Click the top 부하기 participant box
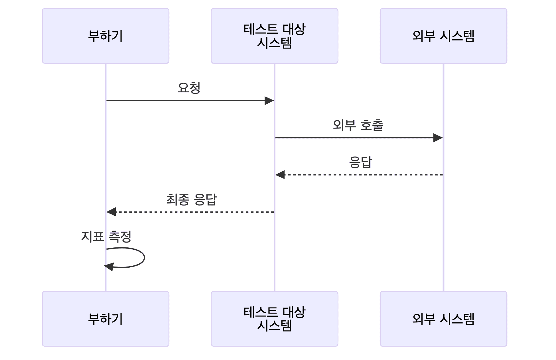click(105, 36)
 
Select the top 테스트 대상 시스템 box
click(274, 36)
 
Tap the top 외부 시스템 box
click(443, 36)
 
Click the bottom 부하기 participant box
click(105, 319)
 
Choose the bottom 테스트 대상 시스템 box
click(274, 319)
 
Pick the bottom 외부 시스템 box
click(443, 319)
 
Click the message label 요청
click(189, 88)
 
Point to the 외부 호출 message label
click(358, 125)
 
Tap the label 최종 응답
click(192, 200)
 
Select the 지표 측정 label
click(106, 237)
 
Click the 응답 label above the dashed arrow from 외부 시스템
click(360, 162)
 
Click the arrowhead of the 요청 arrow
click(269, 101)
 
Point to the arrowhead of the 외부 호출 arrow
click(438, 138)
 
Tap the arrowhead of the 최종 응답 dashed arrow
click(111, 212)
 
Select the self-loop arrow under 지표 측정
click(144, 257)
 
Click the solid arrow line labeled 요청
click(185, 101)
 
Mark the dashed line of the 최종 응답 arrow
click(194, 212)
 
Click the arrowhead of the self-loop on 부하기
click(109, 267)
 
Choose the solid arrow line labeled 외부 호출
click(354, 138)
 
